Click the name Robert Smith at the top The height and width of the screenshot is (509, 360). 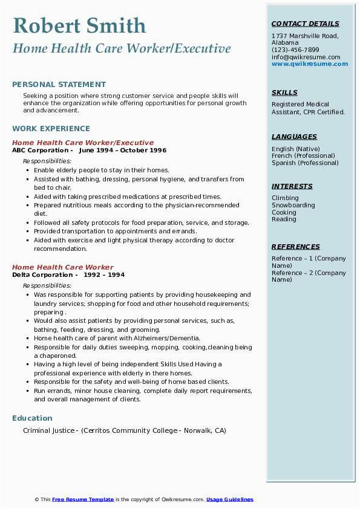tap(79, 26)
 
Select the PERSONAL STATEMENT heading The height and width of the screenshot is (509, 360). tap(59, 85)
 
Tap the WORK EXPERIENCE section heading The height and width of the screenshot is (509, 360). tap(51, 129)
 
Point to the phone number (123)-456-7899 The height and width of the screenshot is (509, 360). tap(295, 50)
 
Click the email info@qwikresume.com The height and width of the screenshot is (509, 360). tap(306, 57)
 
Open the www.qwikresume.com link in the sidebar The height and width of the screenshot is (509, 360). tap(306, 63)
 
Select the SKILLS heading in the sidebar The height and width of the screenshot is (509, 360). tap(284, 93)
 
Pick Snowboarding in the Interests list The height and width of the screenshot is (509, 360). tap(293, 206)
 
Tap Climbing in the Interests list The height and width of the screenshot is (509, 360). tap(285, 198)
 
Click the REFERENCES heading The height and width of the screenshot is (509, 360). tap(296, 247)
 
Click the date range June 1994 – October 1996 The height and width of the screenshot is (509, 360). tap(122, 151)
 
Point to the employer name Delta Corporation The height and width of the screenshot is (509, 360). tap(42, 275)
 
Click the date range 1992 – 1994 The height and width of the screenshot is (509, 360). tap(105, 275)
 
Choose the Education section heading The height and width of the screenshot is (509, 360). tap(32, 418)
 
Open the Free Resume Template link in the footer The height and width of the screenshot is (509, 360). tap(83, 500)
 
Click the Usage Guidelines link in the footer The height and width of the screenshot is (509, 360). tap(230, 500)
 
